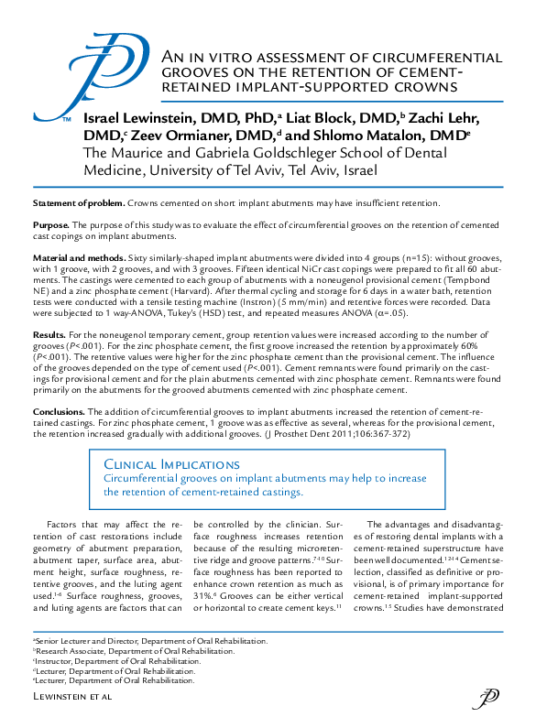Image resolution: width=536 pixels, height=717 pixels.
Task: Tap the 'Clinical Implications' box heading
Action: point(165,465)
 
